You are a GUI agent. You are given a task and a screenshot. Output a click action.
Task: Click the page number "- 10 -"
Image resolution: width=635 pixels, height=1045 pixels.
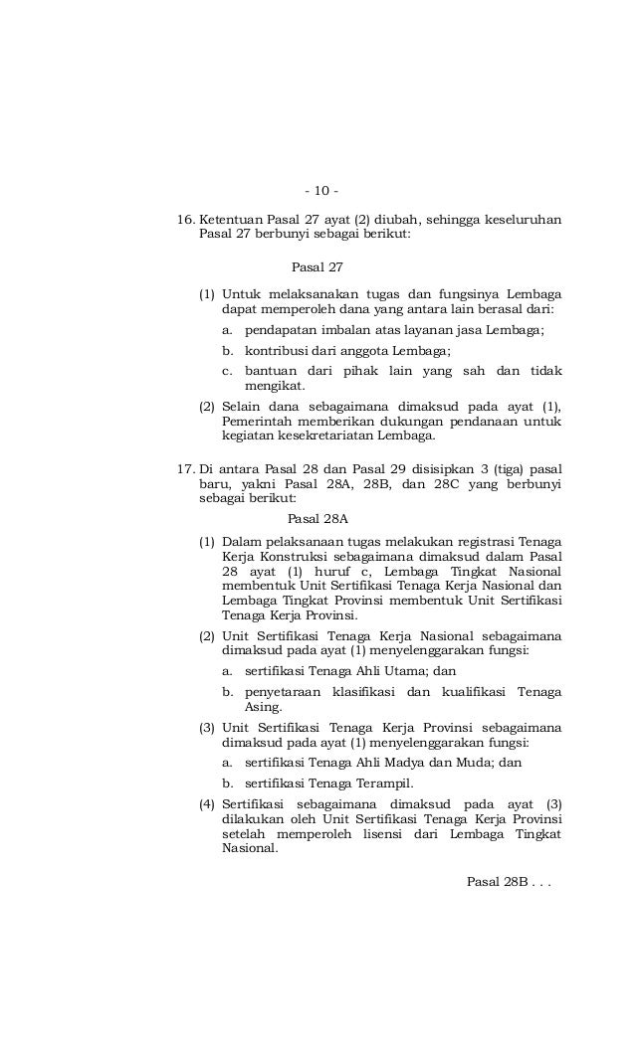(321, 190)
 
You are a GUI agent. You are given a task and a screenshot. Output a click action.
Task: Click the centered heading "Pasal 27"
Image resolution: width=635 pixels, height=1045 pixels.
(317, 267)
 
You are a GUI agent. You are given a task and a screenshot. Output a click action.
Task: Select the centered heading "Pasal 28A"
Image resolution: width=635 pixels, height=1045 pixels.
(317, 518)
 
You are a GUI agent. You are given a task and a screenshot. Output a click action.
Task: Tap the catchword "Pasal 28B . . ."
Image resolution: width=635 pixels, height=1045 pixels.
(507, 881)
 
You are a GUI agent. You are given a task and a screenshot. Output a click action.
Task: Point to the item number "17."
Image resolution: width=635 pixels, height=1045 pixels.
(186, 469)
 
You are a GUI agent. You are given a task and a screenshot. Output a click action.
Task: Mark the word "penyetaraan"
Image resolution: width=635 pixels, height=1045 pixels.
(287, 692)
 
